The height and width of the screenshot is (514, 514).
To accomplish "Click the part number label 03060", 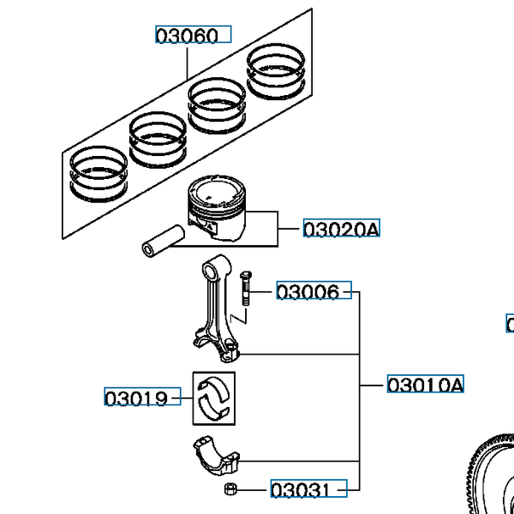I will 193,35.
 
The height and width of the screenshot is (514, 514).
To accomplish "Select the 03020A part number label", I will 340,229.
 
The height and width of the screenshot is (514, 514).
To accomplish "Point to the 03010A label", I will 425,385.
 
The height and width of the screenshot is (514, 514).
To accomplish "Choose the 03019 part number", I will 136,398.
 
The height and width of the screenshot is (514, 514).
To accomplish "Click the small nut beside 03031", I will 230,490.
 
